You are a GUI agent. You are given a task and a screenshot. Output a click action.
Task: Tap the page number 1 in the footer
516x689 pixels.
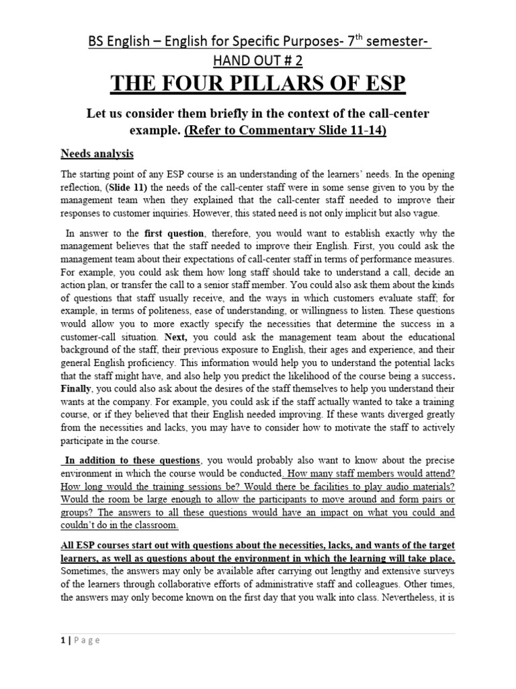point(62,640)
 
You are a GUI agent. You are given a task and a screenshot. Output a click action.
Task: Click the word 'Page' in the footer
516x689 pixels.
point(87,640)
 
